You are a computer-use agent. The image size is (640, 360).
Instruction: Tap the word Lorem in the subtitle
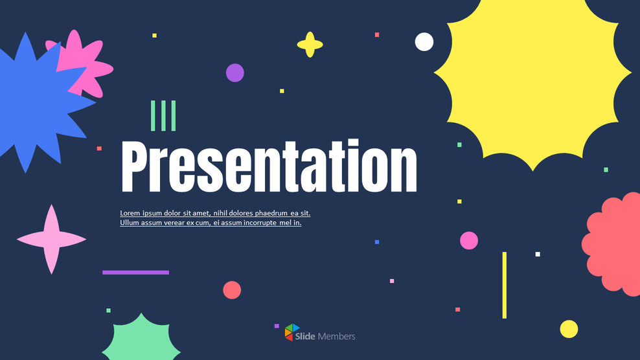pyautogui.click(x=130, y=213)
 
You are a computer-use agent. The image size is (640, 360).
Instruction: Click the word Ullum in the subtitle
pyautogui.click(x=130, y=223)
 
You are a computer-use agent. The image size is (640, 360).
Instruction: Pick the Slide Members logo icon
pyautogui.click(x=292, y=332)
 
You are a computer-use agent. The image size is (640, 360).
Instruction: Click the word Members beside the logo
pyautogui.click(x=336, y=336)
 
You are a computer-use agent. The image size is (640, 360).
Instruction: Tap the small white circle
pyautogui.click(x=424, y=41)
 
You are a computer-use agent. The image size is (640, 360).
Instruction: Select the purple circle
pyautogui.click(x=234, y=73)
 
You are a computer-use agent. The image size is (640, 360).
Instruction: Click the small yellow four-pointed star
pyautogui.click(x=310, y=45)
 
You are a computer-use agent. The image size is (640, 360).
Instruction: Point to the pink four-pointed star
pyautogui.click(x=51, y=239)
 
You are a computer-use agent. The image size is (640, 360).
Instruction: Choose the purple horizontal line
pyautogui.click(x=135, y=272)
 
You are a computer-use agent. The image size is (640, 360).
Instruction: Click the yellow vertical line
pyautogui.click(x=505, y=285)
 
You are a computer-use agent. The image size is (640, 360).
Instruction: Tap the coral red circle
pyautogui.click(x=232, y=290)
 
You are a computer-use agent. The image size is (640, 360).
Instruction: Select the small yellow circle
pyautogui.click(x=569, y=329)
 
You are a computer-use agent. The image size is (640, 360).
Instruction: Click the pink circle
pyautogui.click(x=469, y=240)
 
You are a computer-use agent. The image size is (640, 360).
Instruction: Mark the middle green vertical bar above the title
pyautogui.click(x=163, y=116)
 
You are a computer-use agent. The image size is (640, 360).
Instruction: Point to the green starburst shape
pyautogui.click(x=141, y=338)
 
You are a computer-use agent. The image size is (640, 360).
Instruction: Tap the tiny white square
pyautogui.click(x=538, y=254)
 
